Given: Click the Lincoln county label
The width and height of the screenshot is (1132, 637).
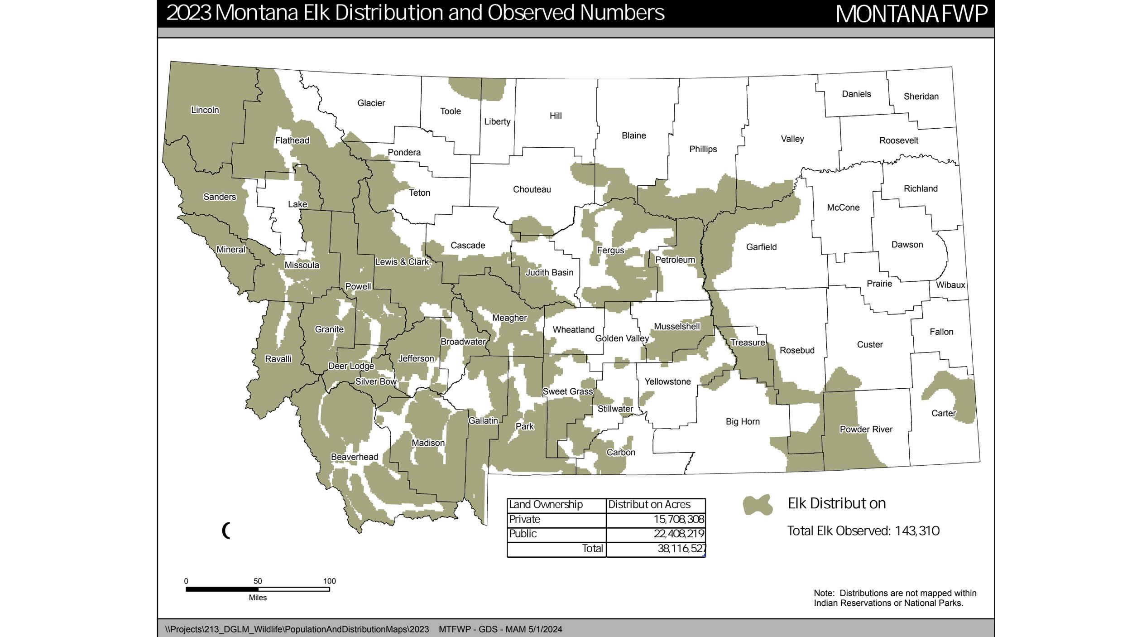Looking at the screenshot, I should tap(205, 110).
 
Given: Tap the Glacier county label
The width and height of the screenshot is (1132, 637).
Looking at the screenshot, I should tap(371, 103).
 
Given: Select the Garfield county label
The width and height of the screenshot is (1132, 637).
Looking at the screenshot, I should tap(761, 247).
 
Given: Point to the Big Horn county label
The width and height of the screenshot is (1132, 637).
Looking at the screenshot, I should tap(743, 421).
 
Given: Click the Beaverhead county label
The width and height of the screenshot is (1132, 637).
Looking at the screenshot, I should tap(354, 457).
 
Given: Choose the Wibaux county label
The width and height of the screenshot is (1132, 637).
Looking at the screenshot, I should tap(950, 285).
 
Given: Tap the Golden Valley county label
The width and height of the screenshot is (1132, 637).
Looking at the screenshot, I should tap(622, 338).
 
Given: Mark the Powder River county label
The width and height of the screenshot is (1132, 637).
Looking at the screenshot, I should tap(866, 429).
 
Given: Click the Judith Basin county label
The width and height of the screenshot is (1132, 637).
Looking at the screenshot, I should tap(549, 273).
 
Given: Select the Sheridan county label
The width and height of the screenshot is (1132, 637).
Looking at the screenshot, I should tap(921, 97).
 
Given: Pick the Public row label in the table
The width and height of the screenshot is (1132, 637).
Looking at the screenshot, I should tap(523, 534).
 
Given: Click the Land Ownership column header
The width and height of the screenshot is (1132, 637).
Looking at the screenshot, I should tap(546, 505).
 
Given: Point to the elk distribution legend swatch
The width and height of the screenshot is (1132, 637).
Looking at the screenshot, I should tap(758, 505).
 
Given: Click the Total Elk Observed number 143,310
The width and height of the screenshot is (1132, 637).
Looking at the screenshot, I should tap(917, 531).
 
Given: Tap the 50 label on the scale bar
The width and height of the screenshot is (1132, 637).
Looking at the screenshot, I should tap(258, 581).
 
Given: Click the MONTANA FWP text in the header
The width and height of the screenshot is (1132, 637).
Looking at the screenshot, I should tap(911, 14).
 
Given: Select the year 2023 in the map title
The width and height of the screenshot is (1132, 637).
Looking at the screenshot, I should tap(189, 13).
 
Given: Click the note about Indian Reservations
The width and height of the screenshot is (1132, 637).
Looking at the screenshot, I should tap(895, 598).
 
